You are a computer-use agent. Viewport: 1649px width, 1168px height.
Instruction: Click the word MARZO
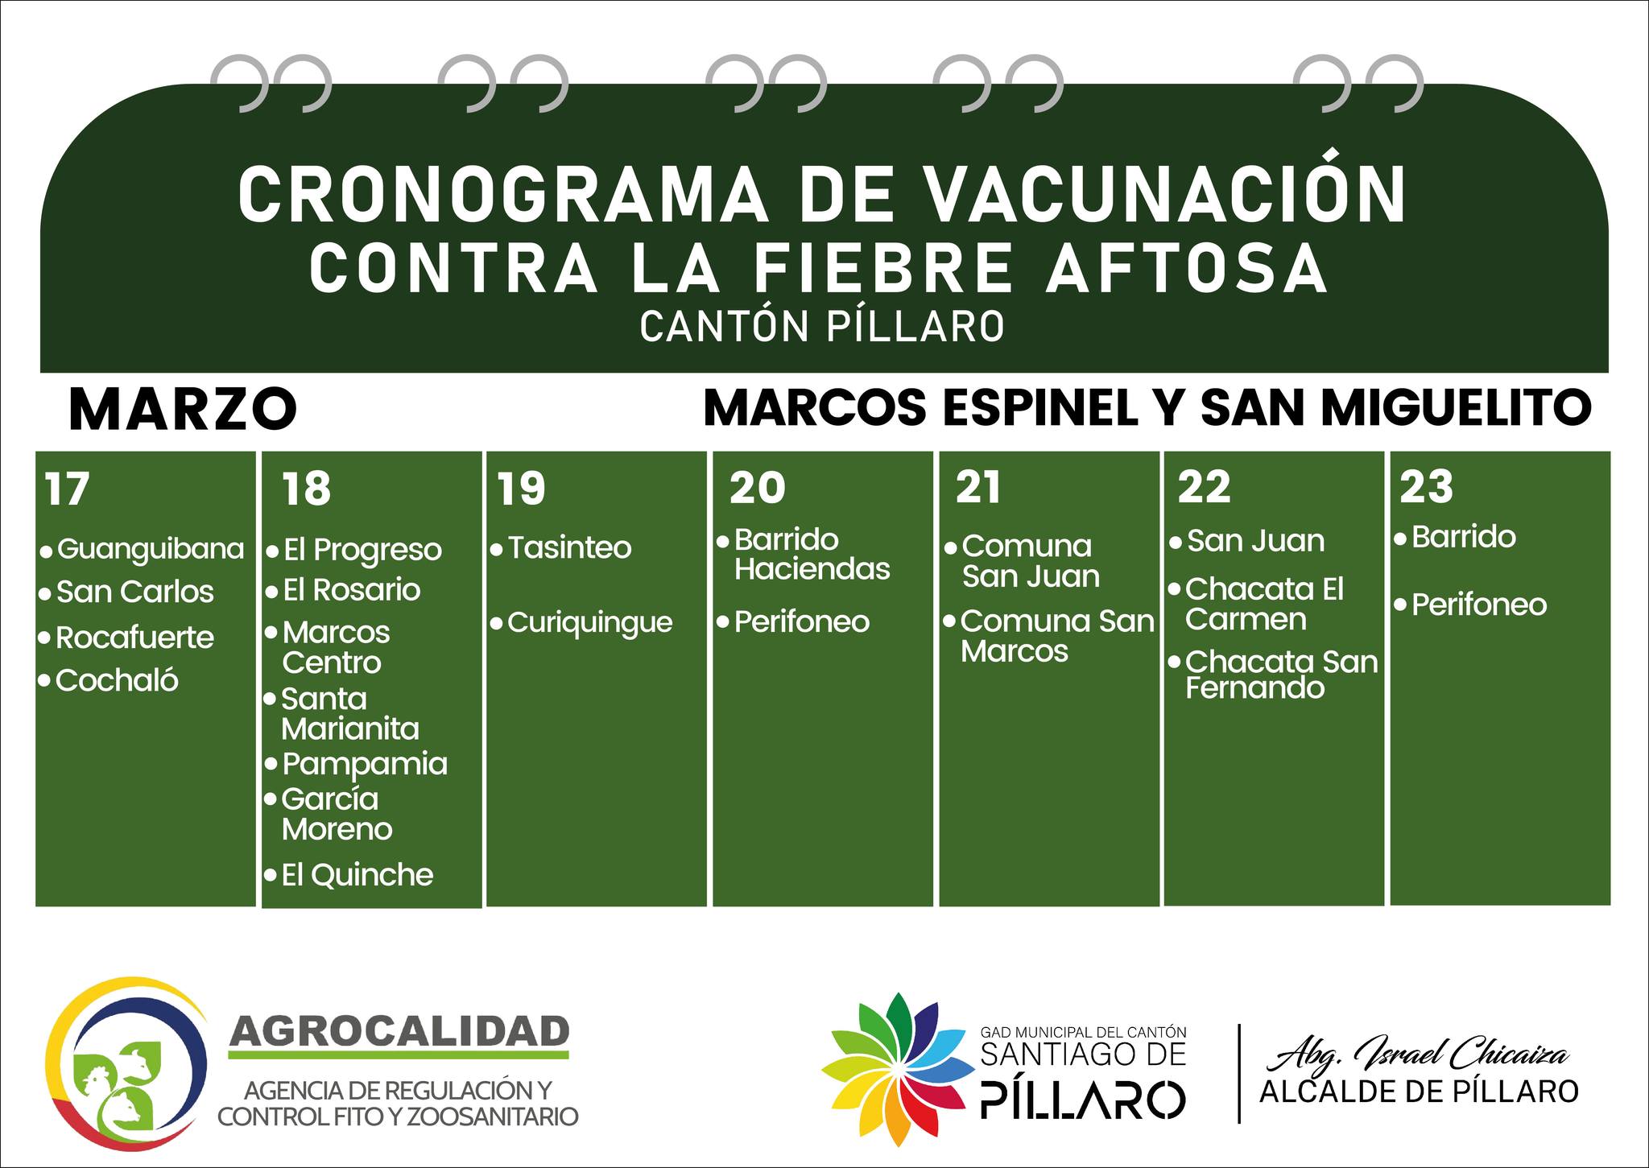[183, 409]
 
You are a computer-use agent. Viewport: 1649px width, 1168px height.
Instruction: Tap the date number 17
[67, 489]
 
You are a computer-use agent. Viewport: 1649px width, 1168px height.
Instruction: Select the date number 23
[1426, 487]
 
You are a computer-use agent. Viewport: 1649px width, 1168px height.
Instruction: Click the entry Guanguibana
[150, 550]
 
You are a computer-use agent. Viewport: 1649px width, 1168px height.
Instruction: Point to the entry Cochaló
[117, 681]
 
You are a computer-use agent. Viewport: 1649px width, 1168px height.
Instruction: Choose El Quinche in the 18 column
[357, 874]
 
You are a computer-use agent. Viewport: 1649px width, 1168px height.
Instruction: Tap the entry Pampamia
[365, 764]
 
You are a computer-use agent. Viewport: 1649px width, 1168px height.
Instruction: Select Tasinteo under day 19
[570, 548]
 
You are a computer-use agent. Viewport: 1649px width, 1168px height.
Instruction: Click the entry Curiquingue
[590, 623]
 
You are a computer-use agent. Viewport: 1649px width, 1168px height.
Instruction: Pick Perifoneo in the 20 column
[802, 622]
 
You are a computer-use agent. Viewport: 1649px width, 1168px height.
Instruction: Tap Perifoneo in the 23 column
[1479, 605]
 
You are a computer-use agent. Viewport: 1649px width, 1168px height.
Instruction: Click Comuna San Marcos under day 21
[1057, 636]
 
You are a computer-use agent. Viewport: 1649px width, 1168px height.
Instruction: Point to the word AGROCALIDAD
[399, 1030]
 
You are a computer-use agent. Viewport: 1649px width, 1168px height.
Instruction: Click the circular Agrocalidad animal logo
[126, 1059]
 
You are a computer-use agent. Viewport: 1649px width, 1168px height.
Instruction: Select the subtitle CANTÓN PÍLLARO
[822, 327]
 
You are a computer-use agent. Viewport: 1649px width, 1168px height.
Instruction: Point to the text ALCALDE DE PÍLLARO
[1419, 1092]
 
